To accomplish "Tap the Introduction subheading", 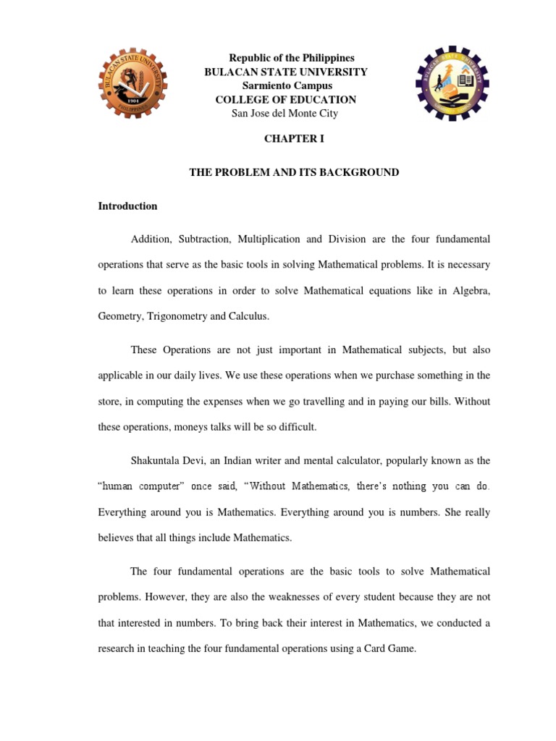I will tap(127, 206).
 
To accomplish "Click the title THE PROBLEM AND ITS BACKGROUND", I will tap(294, 172).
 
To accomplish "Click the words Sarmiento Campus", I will tap(287, 86).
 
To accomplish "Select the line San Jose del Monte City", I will tap(285, 114).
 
